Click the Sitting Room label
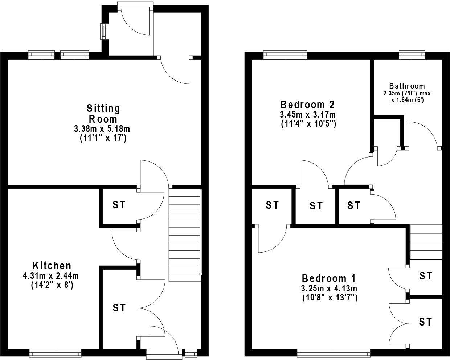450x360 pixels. click(103, 113)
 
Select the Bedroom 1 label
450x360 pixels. click(329, 278)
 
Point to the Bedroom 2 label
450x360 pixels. click(307, 105)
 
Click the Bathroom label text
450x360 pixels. click(407, 86)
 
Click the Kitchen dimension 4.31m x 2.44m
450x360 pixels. click(51, 275)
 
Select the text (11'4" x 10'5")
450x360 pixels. click(308, 124)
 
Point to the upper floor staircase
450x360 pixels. click(426, 242)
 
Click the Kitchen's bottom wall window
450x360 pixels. click(55, 352)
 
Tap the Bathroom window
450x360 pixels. click(412, 55)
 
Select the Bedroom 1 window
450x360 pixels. click(334, 352)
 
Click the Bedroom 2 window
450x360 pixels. click(285, 55)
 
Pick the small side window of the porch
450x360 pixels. click(104, 31)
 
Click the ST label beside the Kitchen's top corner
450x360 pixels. click(119, 205)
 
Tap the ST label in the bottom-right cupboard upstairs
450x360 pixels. click(426, 322)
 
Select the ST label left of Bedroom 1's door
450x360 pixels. click(272, 205)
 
